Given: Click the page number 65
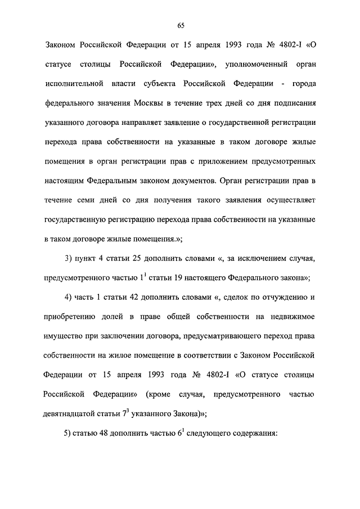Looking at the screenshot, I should coord(180,25).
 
